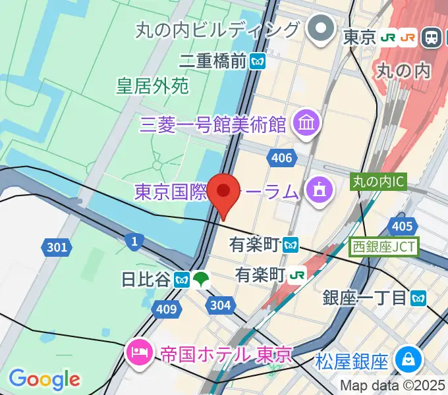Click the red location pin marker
pyautogui.click(x=224, y=192)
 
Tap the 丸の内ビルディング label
pyautogui.click(x=217, y=30)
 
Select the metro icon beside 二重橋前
pyautogui.click(x=258, y=62)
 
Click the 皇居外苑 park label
pyautogui.click(x=153, y=86)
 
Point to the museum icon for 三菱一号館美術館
pyautogui.click(x=307, y=122)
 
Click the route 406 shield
pyautogui.click(x=281, y=157)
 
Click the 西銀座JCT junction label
pyautogui.click(x=383, y=247)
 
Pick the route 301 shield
pyautogui.click(x=57, y=248)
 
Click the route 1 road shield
pyautogui.click(x=134, y=242)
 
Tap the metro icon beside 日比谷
pyautogui.click(x=182, y=279)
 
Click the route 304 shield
pyautogui.click(x=219, y=304)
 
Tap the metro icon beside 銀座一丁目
pyautogui.click(x=418, y=298)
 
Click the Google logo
pyautogui.click(x=45, y=379)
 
